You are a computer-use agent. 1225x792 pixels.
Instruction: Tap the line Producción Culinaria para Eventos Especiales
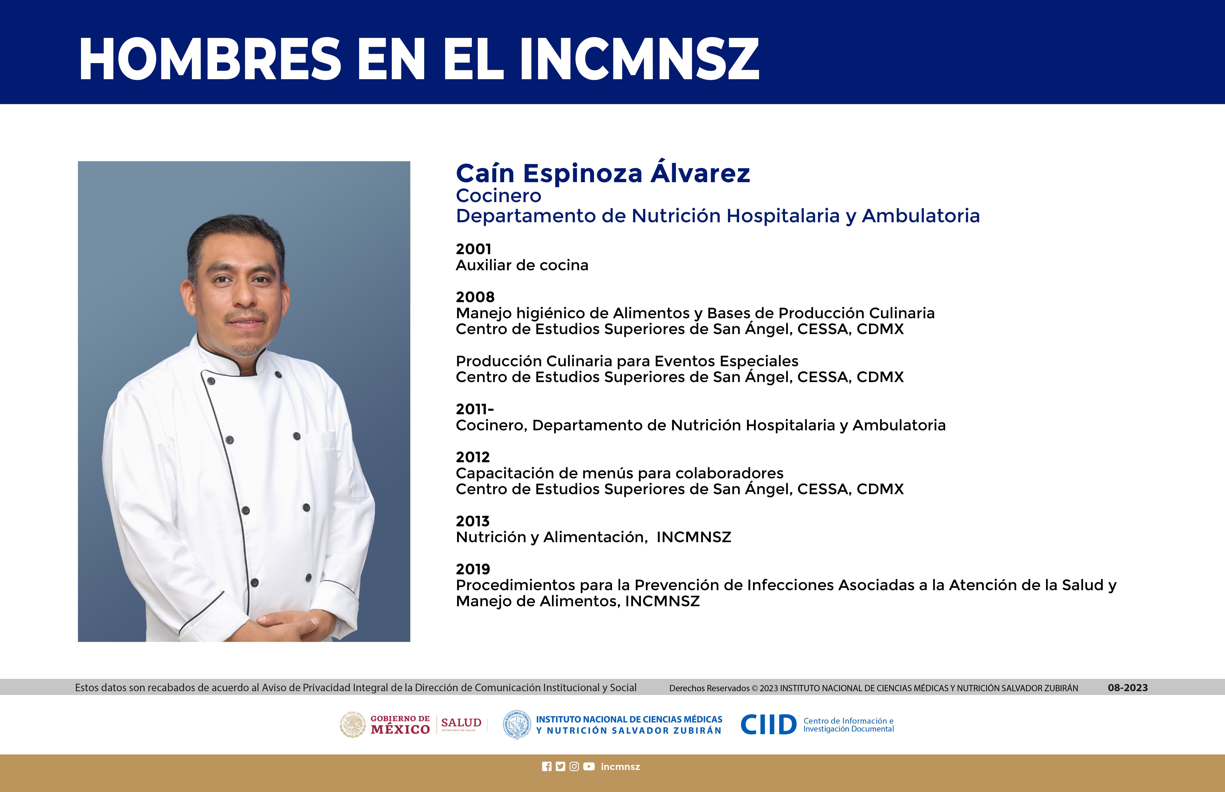click(627, 361)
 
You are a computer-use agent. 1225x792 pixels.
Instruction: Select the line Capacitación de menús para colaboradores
click(620, 473)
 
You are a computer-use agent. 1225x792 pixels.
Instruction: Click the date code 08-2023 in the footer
click(1128, 688)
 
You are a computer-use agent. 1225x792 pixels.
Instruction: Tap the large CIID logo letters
click(768, 725)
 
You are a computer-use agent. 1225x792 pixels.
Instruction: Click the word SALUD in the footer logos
click(461, 723)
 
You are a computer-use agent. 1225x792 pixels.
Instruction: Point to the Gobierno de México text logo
click(400, 725)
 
